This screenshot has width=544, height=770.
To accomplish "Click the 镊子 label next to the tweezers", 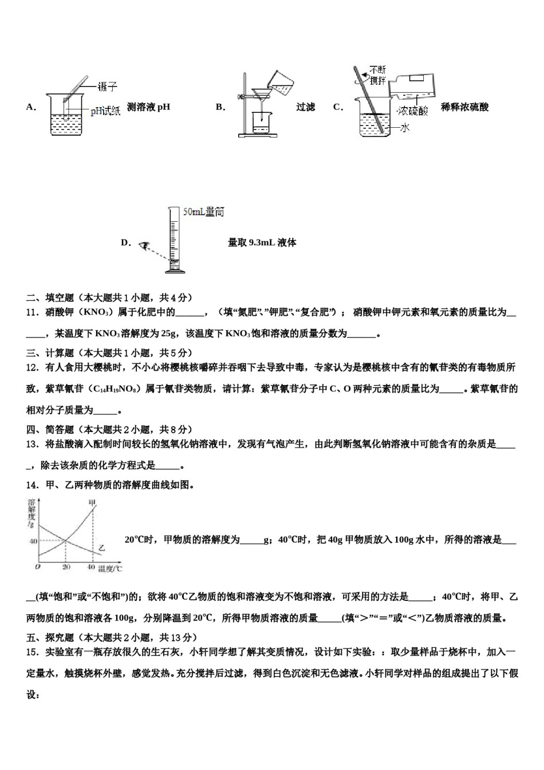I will click(x=107, y=87).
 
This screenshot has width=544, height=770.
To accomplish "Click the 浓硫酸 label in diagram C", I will click(x=413, y=111).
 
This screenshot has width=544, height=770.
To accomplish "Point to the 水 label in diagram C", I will click(x=405, y=128).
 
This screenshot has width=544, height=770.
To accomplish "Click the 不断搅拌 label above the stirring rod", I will click(x=378, y=75).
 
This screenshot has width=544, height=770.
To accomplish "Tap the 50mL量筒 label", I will click(x=203, y=212).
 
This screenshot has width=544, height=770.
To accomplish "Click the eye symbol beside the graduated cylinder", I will click(x=144, y=245).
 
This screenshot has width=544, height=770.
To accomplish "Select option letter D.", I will click(x=126, y=242).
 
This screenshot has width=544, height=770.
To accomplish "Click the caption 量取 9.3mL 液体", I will click(x=262, y=242).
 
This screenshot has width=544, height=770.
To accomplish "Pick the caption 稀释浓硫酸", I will click(x=465, y=107).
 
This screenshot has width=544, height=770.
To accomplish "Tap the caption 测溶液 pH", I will click(x=148, y=107).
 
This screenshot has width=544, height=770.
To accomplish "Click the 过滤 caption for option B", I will click(x=305, y=107).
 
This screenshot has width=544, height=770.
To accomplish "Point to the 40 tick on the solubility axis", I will click(x=33, y=541).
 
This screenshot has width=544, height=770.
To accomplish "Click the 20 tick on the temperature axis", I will click(x=66, y=567).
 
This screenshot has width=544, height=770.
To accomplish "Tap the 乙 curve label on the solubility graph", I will click(x=101, y=548).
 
